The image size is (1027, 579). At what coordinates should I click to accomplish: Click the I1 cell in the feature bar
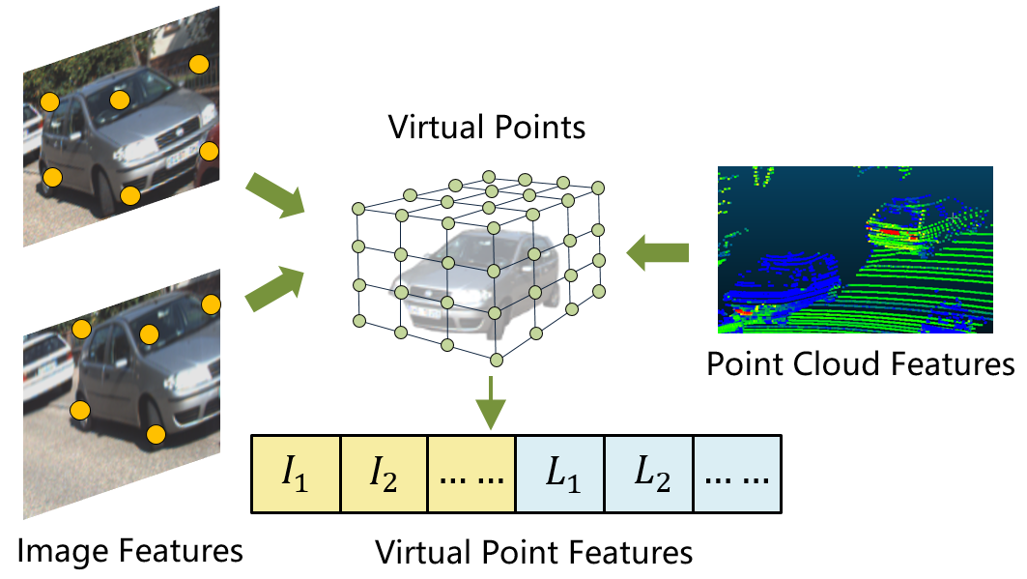coord(296,474)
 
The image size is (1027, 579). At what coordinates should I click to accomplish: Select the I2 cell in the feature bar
coord(384,474)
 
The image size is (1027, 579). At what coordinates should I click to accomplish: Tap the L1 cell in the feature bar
coord(559,474)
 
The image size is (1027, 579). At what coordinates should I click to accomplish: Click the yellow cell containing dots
coord(471,474)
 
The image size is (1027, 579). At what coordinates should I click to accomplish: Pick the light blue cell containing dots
coord(736,474)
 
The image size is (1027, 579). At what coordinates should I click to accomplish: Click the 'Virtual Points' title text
coord(487,127)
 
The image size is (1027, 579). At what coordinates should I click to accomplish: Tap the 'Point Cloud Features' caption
coord(860,363)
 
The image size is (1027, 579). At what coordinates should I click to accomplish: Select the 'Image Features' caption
coord(130,551)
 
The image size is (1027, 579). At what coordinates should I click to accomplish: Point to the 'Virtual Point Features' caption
coord(534,553)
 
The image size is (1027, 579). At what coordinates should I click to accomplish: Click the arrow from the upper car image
coord(276,196)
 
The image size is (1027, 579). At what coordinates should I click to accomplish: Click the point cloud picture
coord(854,249)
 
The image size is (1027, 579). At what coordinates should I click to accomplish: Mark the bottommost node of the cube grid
coord(497,360)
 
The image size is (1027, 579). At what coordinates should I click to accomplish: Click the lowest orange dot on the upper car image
coord(129,196)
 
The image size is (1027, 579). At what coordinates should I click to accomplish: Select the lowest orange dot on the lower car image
coord(155,434)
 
